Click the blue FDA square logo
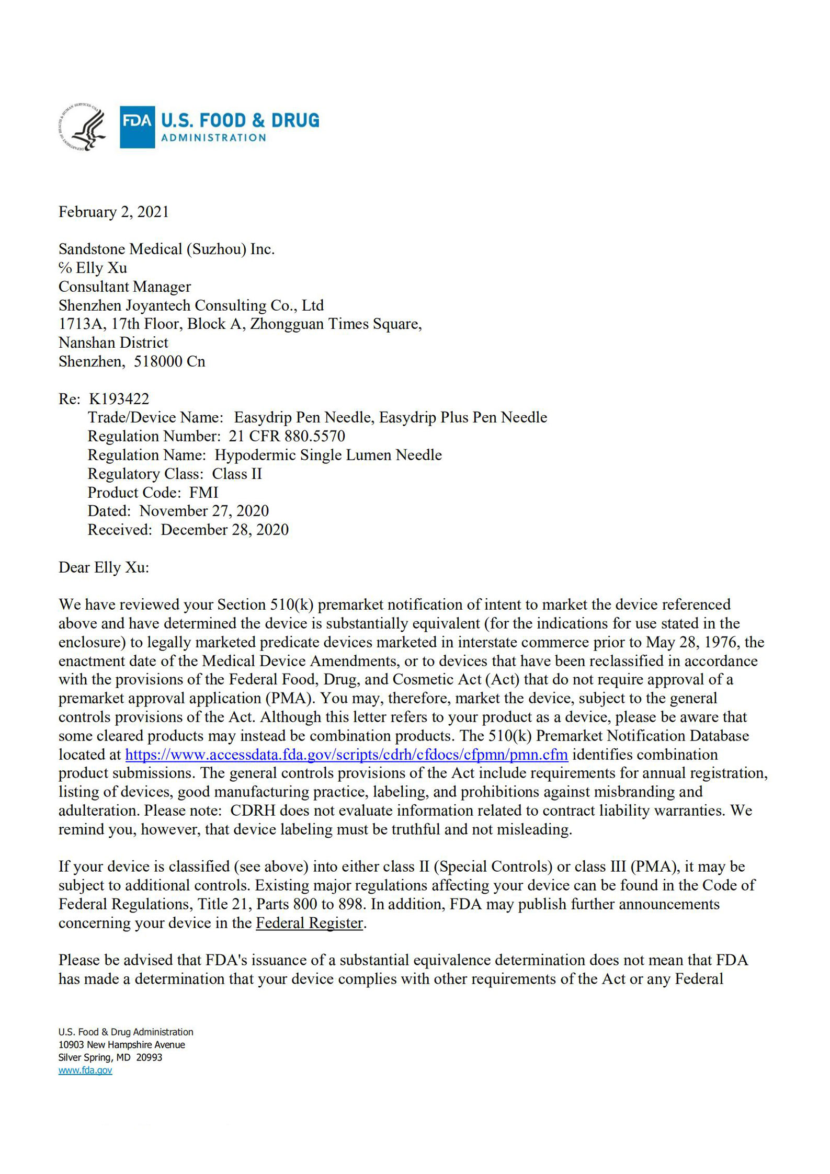click(137, 127)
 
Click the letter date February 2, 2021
click(113, 212)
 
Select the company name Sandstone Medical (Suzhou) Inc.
click(166, 249)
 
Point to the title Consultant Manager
click(124, 287)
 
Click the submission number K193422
click(119, 399)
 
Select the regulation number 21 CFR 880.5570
click(287, 436)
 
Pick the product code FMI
click(203, 493)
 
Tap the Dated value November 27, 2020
click(204, 511)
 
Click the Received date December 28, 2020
click(224, 530)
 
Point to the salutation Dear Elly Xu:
click(104, 567)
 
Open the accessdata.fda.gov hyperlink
click(346, 755)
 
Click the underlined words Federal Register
click(309, 923)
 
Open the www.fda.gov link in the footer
click(85, 1070)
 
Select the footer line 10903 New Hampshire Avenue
click(121, 1045)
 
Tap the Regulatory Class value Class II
click(236, 474)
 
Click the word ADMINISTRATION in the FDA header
click(213, 138)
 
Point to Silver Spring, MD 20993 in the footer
click(110, 1057)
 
